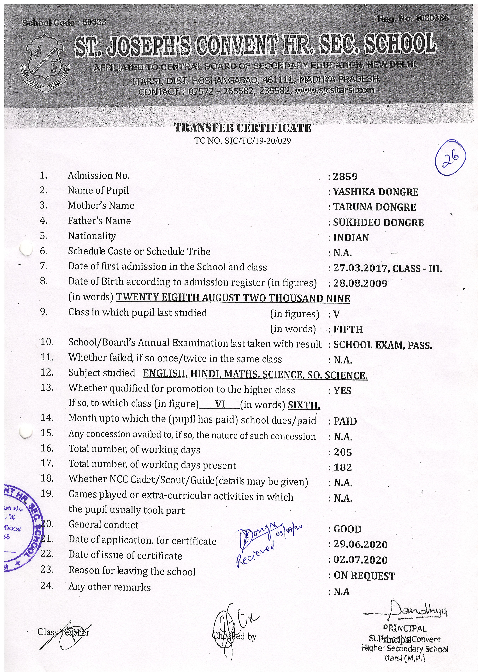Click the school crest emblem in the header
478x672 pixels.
[x=44, y=63]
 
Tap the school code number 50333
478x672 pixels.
[x=94, y=22]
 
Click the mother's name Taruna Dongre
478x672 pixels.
[x=374, y=207]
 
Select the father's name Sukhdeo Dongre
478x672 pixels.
[x=378, y=222]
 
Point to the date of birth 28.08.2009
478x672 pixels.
[x=360, y=283]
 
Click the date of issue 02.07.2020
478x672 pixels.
[x=360, y=560]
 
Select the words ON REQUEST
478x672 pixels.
[x=364, y=576]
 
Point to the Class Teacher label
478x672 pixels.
[x=63, y=632]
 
